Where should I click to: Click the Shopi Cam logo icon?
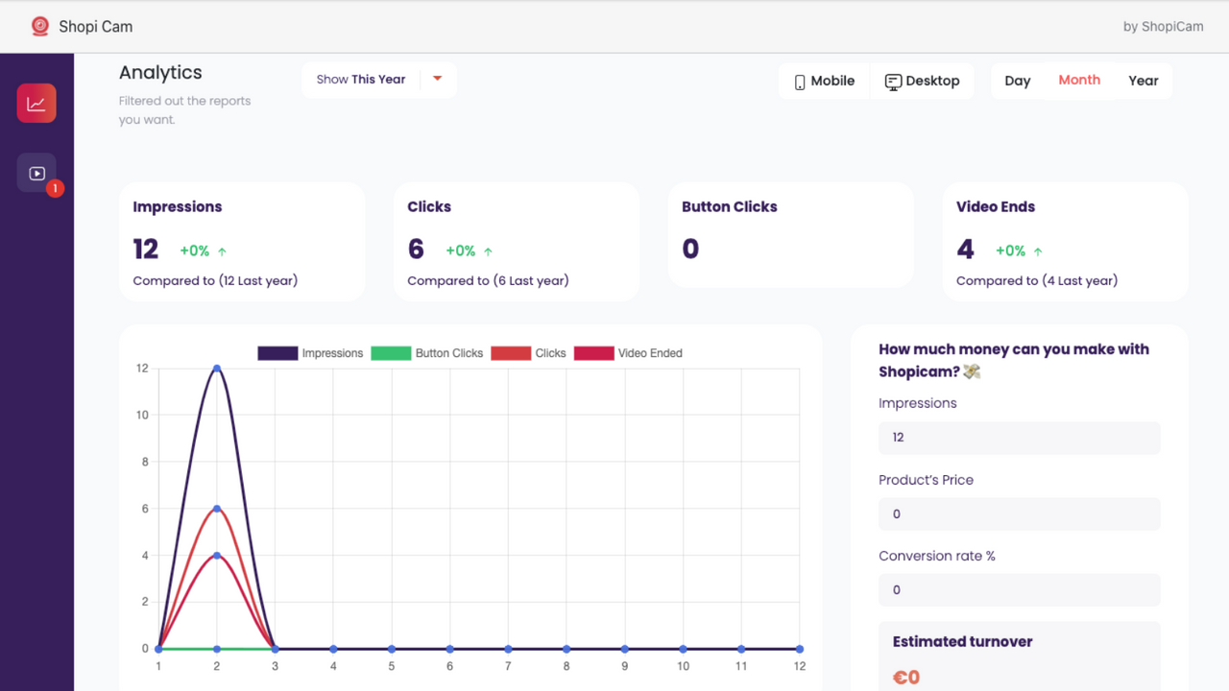39,27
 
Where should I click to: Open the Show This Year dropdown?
379,80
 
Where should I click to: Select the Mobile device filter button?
824,82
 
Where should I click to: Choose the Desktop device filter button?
922,82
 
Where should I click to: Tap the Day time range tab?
1017,82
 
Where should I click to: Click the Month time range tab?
1079,81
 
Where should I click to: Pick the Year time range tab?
1143,82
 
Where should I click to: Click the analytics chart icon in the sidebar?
36,104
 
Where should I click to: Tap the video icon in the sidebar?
36,174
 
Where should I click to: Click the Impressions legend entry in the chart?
310,353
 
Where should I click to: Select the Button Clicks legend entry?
427,353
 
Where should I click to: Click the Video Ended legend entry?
628,353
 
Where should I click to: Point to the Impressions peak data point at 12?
217,369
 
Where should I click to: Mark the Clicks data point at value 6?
217,509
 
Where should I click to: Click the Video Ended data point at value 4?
217,556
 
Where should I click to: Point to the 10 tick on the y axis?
142,416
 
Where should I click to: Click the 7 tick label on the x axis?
508,666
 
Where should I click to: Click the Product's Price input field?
1019,514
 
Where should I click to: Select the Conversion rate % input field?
1019,590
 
